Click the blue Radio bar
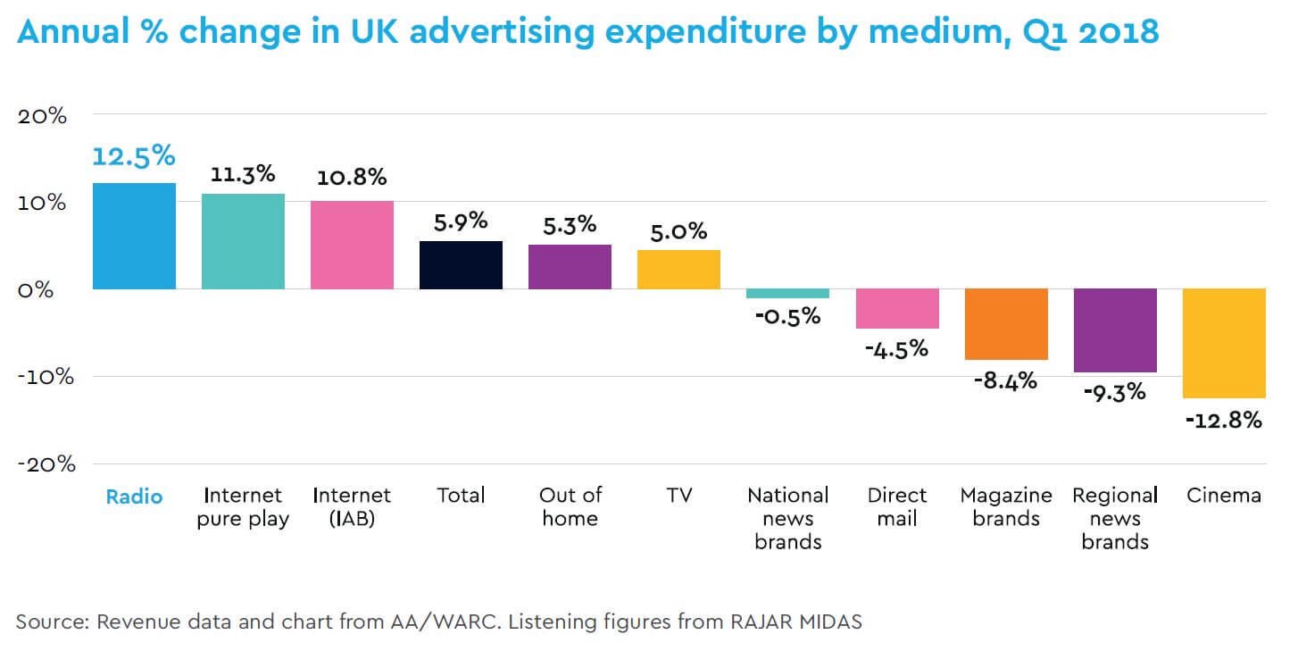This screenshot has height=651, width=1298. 134,236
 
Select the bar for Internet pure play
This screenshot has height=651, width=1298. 243,241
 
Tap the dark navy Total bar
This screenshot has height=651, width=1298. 461,265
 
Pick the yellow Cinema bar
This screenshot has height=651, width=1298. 1224,343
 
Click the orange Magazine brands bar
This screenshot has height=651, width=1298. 1006,324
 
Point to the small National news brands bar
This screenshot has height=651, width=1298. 787,294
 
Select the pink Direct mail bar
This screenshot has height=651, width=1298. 897,309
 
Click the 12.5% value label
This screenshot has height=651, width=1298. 134,156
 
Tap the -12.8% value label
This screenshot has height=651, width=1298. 1224,419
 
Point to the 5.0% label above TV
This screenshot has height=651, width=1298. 678,231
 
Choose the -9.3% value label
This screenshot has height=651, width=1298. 1114,391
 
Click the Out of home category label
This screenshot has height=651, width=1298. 570,506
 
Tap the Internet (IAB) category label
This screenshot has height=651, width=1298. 352,506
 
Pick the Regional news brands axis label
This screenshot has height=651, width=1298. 1114,519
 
